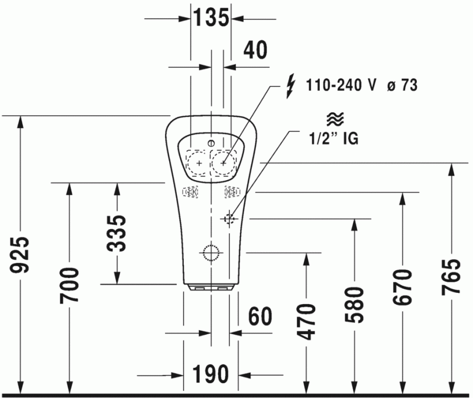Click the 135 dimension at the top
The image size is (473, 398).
click(210, 18)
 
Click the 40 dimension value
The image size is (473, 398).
click(255, 50)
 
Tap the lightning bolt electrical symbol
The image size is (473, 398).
click(289, 85)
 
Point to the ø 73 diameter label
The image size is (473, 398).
click(401, 85)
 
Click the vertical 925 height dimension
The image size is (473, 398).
click(21, 255)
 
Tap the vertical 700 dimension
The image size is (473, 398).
click(69, 285)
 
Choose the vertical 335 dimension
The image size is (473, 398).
click(117, 233)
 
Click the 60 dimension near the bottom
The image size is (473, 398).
click(260, 317)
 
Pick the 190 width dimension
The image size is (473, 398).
click(210, 374)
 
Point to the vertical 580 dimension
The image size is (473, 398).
click(355, 304)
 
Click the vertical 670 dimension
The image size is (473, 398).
click(403, 287)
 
